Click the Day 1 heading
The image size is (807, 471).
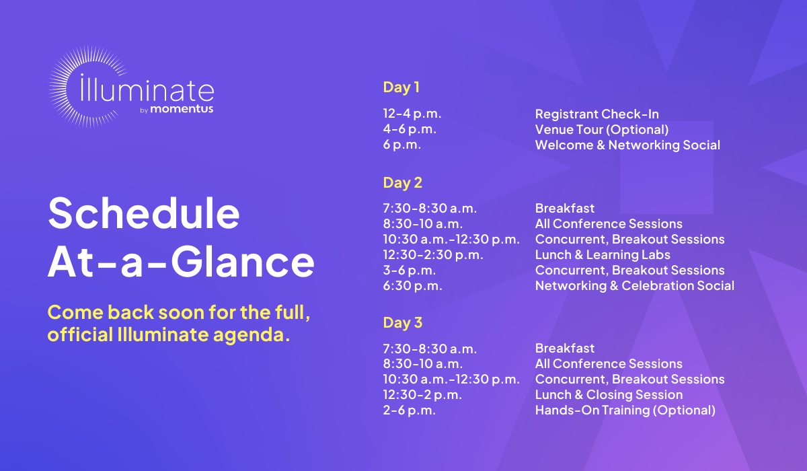click(401, 87)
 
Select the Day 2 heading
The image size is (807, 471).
click(402, 183)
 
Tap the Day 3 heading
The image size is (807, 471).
click(402, 322)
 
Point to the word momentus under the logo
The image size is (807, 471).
click(182, 108)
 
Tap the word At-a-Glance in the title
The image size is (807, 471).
click(181, 261)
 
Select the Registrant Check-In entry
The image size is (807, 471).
click(597, 114)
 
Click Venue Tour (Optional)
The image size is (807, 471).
click(602, 130)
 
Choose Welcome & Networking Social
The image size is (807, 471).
click(627, 145)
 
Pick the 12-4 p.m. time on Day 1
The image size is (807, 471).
click(412, 114)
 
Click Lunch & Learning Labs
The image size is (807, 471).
click(603, 255)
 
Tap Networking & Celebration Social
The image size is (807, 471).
click(634, 286)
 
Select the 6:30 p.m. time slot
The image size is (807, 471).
click(412, 286)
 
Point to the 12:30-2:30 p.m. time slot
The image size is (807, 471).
click(433, 255)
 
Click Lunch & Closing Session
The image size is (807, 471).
click(609, 394)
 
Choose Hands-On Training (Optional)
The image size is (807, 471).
click(625, 410)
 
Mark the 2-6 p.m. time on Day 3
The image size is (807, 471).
click(410, 410)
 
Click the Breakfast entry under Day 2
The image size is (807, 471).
click(564, 209)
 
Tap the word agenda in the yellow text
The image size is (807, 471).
click(252, 335)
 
